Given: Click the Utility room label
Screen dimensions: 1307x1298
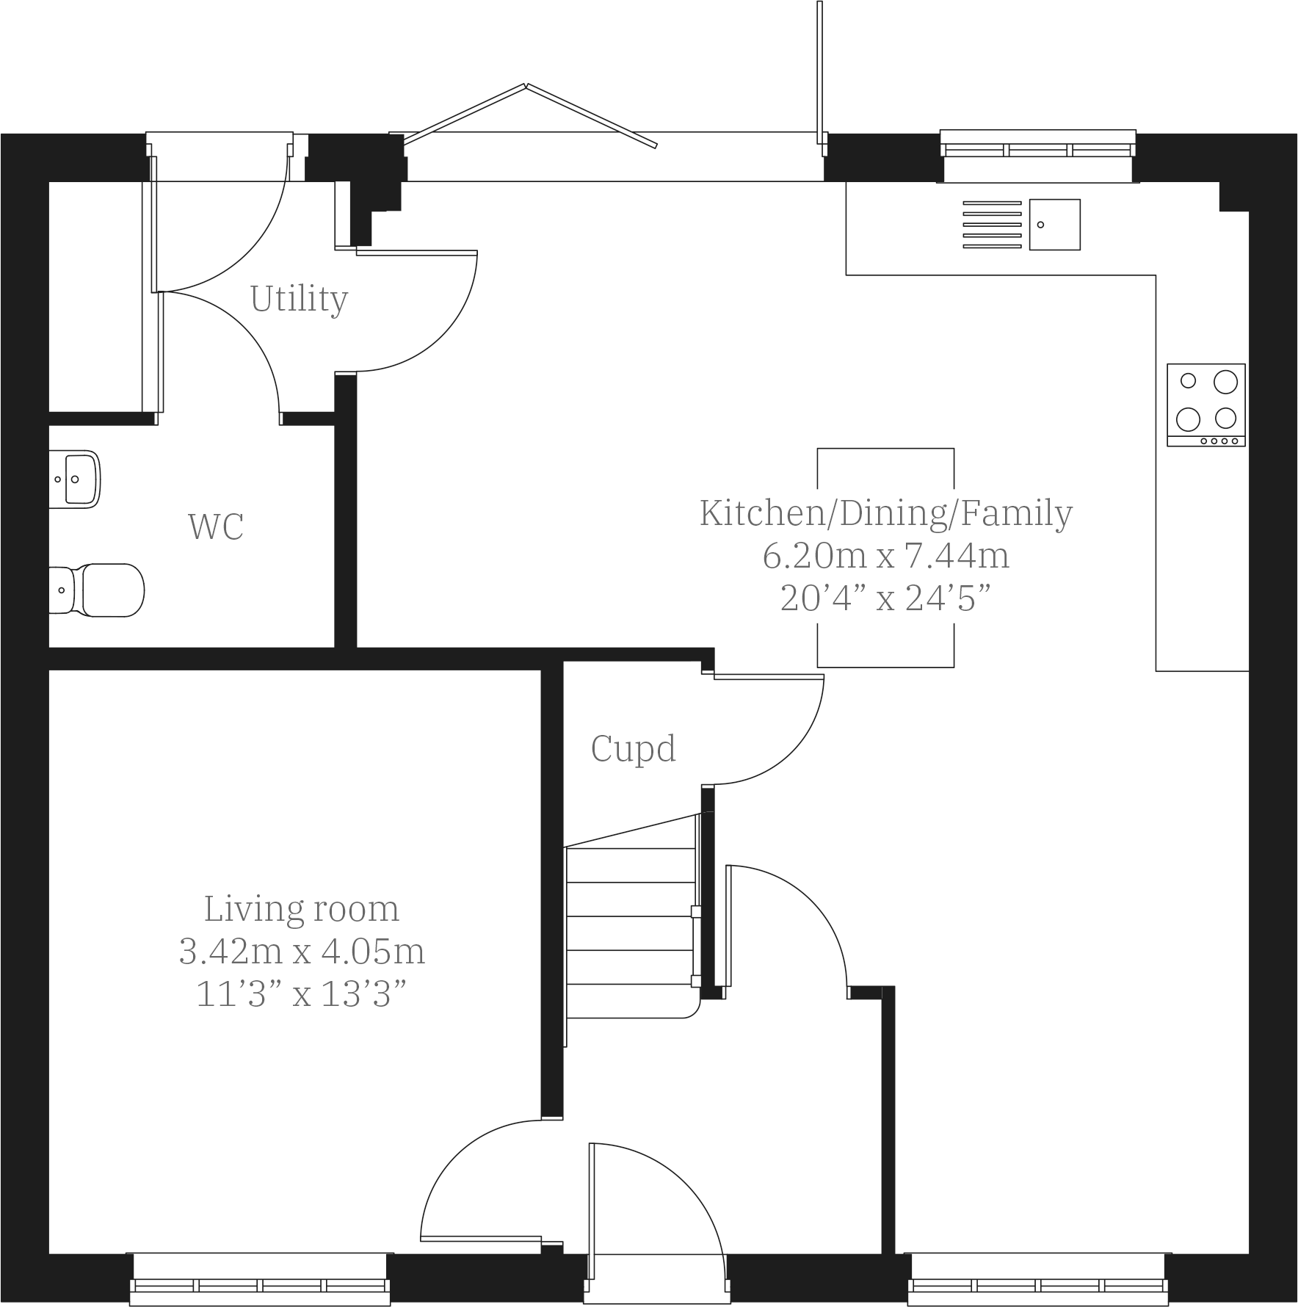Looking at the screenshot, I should click(299, 299).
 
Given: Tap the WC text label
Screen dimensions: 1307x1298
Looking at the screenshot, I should click(215, 526).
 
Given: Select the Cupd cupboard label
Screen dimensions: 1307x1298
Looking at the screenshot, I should click(633, 749).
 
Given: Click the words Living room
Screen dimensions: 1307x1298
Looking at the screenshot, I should click(302, 909).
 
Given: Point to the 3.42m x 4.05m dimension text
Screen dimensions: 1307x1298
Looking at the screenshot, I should click(302, 952).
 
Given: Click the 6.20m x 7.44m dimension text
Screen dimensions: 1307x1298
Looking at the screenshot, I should click(885, 556).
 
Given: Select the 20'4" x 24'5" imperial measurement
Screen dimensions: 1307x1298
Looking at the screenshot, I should click(885, 599).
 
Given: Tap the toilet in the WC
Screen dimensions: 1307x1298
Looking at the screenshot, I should click(103, 590).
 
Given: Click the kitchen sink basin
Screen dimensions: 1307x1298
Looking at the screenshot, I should click(1054, 224).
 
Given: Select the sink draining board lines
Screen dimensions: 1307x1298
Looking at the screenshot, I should click(992, 224).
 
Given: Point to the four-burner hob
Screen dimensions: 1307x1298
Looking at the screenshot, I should click(1205, 404).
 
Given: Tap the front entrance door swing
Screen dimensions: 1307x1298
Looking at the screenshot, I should click(661, 1204).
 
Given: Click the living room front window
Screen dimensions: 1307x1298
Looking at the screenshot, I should click(260, 1285).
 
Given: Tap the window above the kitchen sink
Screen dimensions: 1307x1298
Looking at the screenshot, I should click(1037, 151).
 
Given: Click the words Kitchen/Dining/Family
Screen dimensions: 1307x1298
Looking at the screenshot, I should click(885, 513).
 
